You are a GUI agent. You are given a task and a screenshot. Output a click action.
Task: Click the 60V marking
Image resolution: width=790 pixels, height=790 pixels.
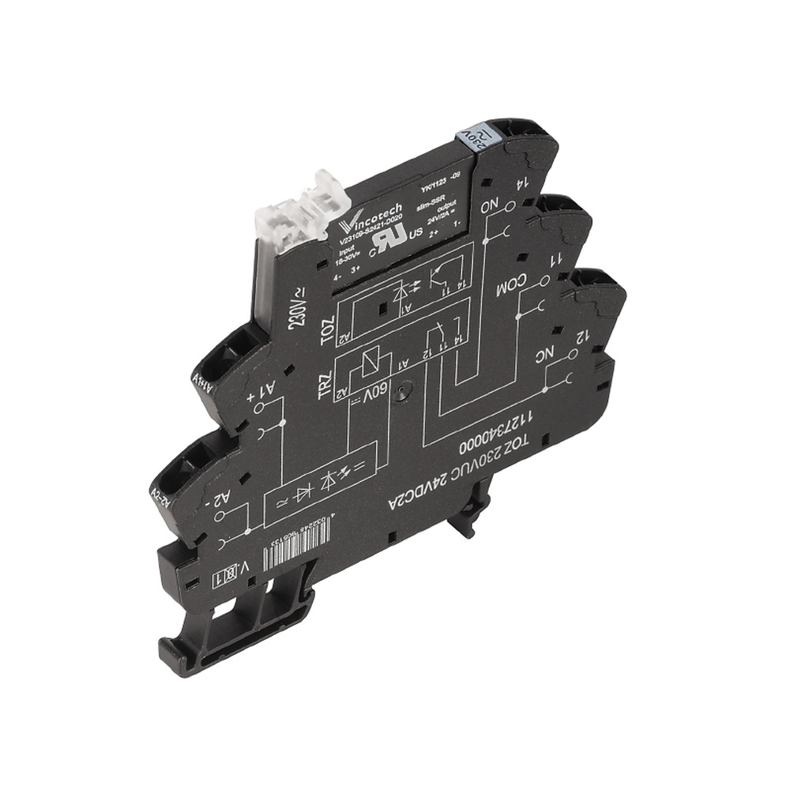click(378, 391)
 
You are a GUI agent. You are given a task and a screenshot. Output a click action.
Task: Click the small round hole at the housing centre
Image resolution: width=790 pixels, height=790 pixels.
click(404, 389)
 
